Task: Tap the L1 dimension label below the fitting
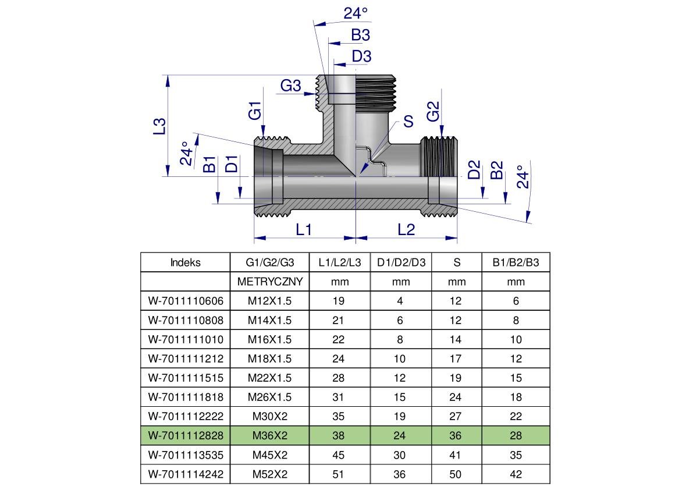point(304,230)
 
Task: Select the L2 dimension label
point(406,230)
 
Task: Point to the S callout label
point(408,121)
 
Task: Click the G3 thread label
point(290,86)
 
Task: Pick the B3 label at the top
point(360,35)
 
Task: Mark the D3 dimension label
point(361,56)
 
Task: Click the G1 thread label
point(255,111)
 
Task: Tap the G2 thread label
point(433,111)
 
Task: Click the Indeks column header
point(185,262)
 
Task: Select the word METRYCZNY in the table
point(270,282)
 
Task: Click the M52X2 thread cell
point(270,474)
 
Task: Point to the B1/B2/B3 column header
point(516,262)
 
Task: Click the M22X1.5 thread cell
point(270,378)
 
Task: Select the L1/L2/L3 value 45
point(339,455)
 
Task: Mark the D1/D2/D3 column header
point(401,262)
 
